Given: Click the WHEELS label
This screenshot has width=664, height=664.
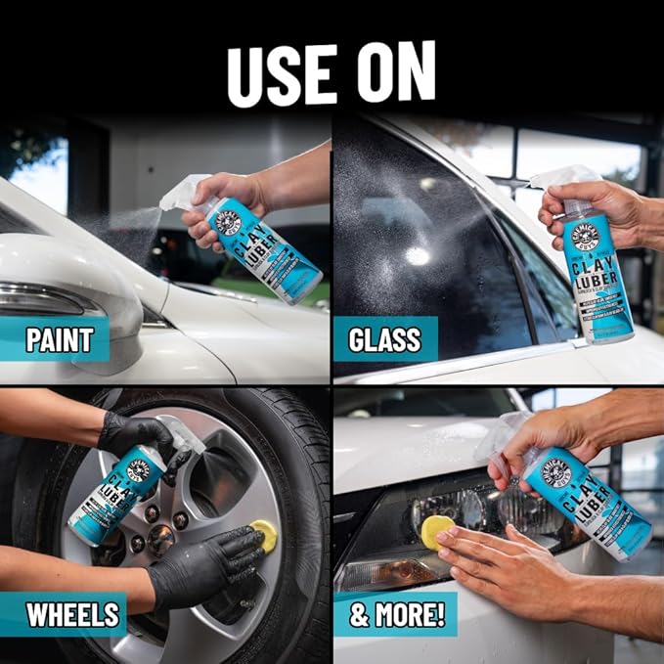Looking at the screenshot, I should tap(72, 615).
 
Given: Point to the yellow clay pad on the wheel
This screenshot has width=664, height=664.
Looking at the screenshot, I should tap(263, 534).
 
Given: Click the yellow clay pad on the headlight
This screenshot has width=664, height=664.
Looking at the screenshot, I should tap(436, 530).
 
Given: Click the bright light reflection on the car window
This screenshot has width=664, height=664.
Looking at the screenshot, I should tap(419, 255).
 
